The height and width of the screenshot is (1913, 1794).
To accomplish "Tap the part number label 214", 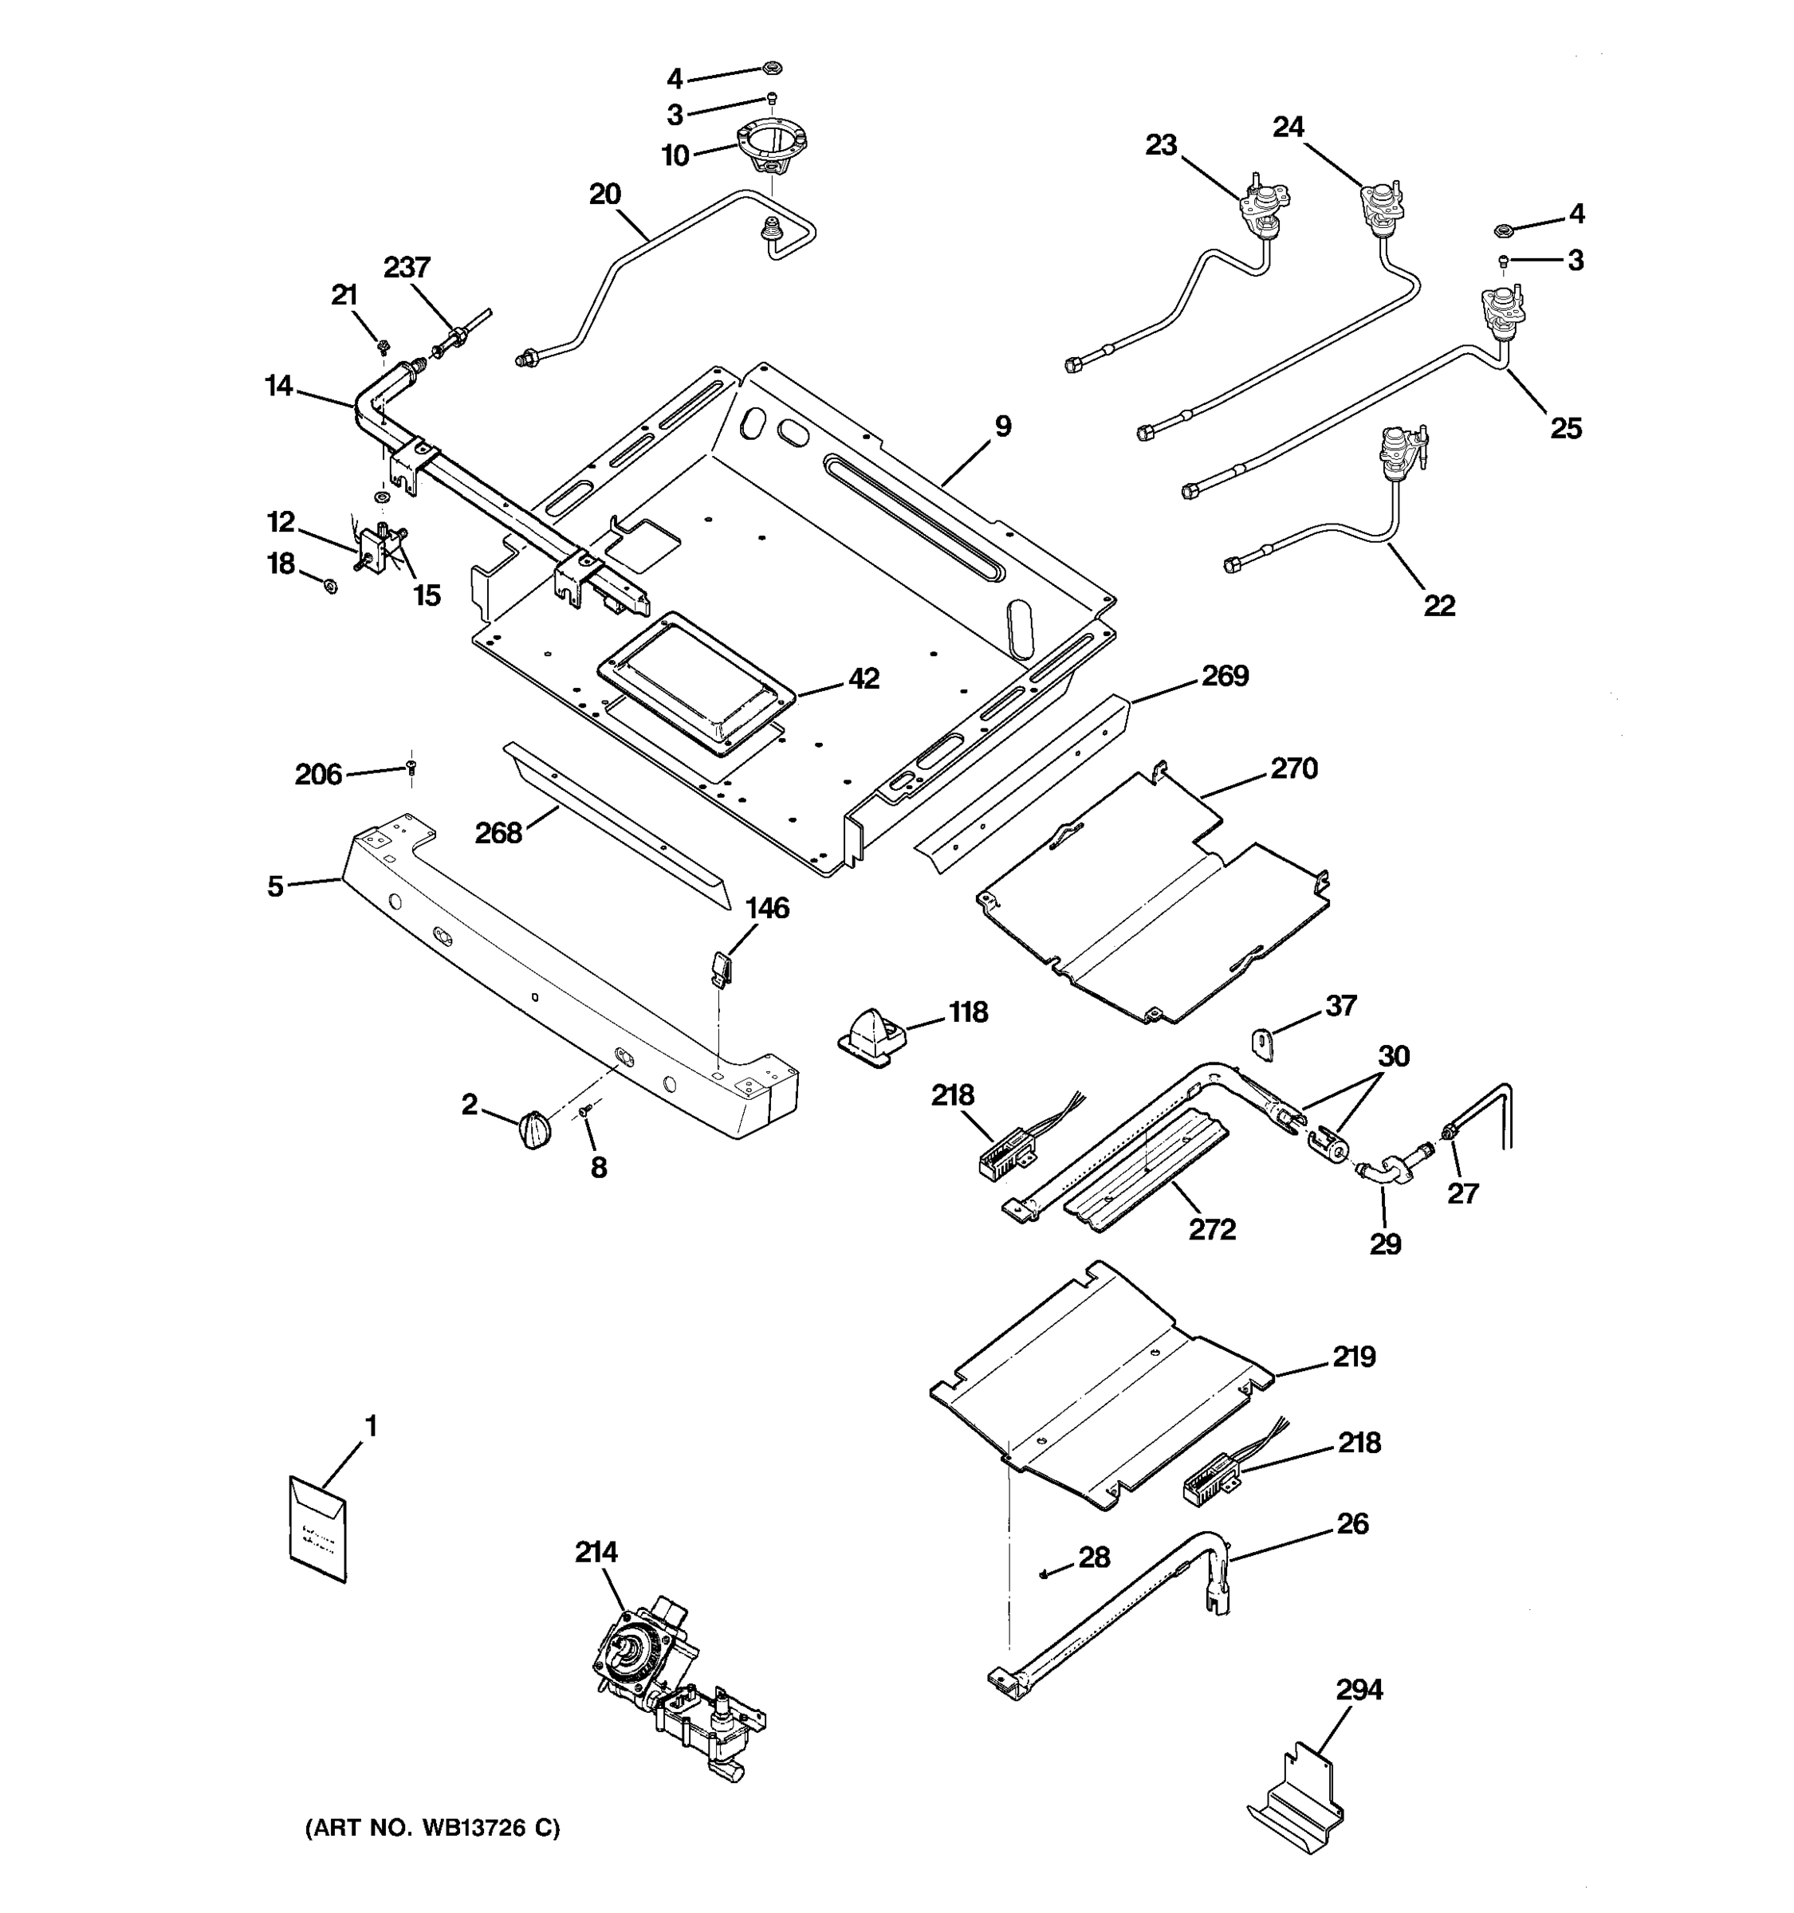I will (x=596, y=1552).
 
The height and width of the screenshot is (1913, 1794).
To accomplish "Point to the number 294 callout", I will (x=1359, y=1689).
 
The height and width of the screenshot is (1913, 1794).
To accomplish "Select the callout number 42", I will (x=864, y=678).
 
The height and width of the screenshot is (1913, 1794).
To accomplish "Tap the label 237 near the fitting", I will (x=406, y=268).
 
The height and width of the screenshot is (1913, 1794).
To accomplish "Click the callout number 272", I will (x=1212, y=1230).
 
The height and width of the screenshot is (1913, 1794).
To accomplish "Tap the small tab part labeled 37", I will (x=1264, y=1043).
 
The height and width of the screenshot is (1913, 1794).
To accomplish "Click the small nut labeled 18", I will (x=330, y=585).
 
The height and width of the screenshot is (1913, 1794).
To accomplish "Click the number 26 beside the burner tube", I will (x=1352, y=1523).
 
